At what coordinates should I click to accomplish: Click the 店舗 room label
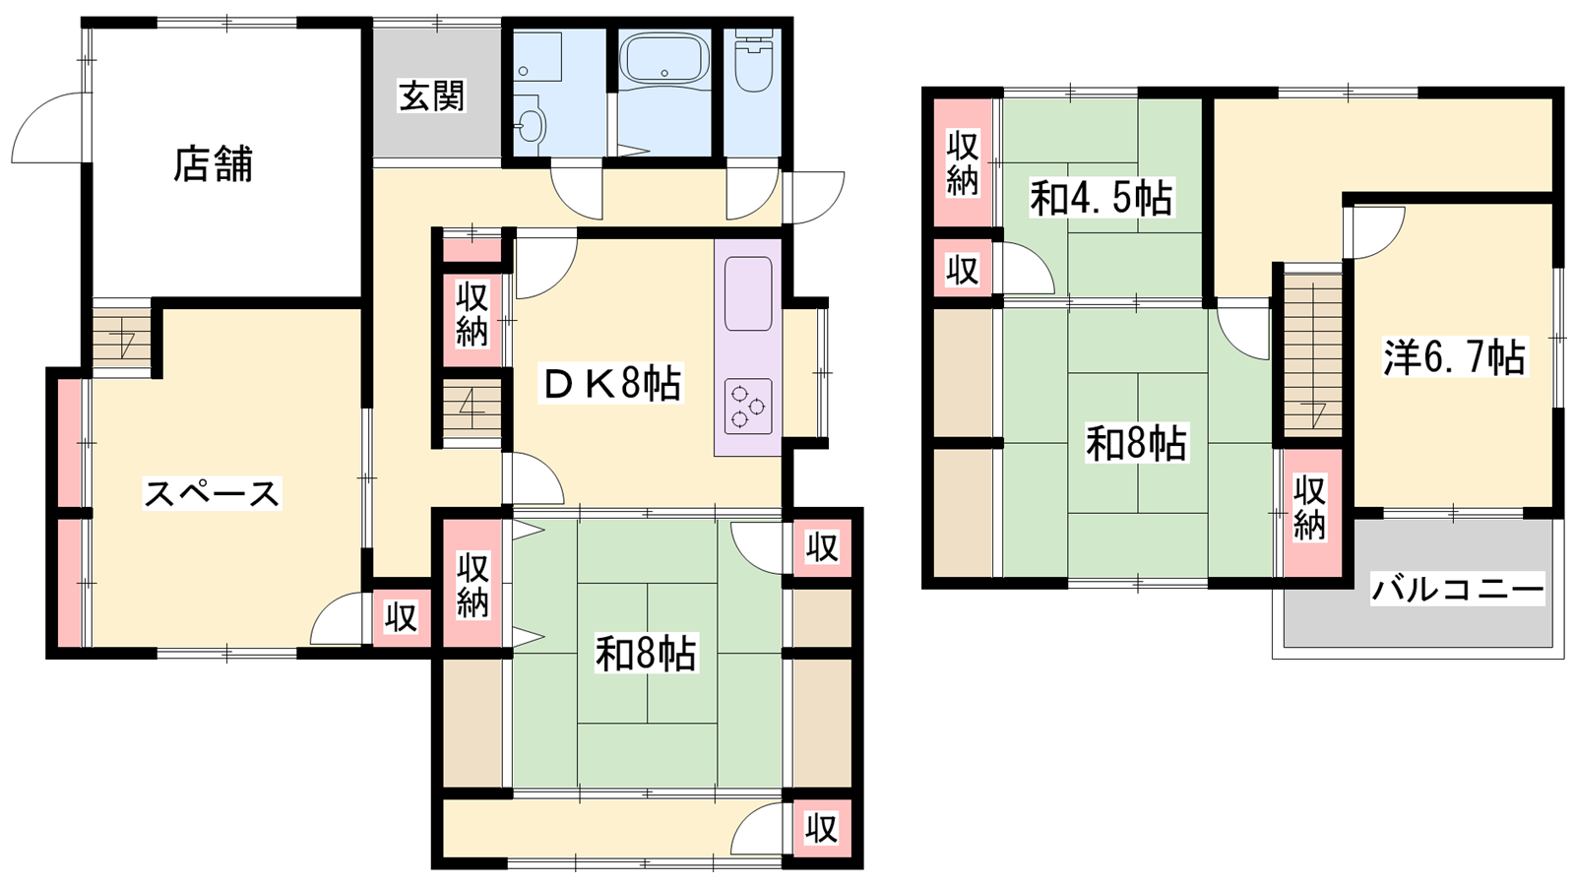[x=213, y=163]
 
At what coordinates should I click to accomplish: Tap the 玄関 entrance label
[x=432, y=96]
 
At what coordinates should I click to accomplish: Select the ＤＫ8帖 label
[x=611, y=384]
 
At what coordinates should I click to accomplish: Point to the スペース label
[x=212, y=493]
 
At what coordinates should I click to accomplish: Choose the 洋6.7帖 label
[x=1455, y=357]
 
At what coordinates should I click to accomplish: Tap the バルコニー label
[x=1458, y=590]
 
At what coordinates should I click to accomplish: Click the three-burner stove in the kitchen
[x=747, y=407]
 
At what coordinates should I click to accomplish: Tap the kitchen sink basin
[x=748, y=293]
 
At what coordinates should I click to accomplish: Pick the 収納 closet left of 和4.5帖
[x=962, y=163]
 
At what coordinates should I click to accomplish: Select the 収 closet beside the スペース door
[x=401, y=618]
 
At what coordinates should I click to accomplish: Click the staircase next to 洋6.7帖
[x=1312, y=354]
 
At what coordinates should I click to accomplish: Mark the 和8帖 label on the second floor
[x=1136, y=443]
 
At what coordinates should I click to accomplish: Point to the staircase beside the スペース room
[x=122, y=339]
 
